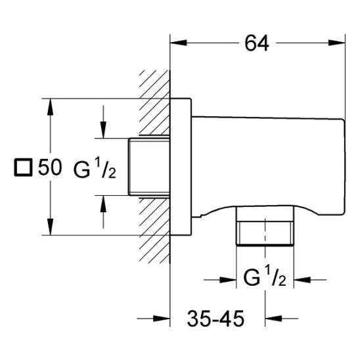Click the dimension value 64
pos(257,43)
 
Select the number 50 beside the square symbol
pos(50,167)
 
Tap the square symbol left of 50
pos(23,168)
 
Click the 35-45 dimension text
pos(215,319)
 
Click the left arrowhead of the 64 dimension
pos(179,43)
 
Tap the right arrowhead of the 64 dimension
pos(337,43)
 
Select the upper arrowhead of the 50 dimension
pos(50,107)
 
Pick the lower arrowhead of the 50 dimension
pos(50,227)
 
